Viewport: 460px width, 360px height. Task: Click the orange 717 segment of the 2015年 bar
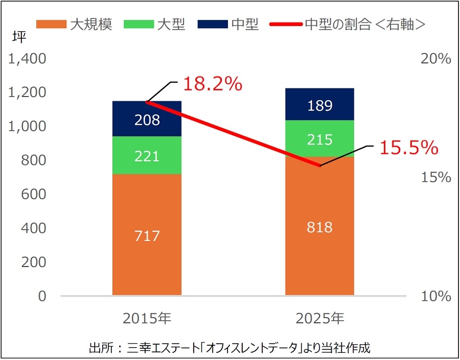point(147,235)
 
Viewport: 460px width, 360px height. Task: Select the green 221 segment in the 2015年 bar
point(147,155)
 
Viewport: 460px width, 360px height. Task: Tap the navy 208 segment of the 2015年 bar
point(147,119)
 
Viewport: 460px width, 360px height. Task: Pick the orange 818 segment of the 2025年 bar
point(319,226)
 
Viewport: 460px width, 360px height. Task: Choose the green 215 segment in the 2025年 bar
point(319,139)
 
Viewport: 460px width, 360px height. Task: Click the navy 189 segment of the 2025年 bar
point(319,105)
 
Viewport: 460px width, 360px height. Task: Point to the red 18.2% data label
point(212,84)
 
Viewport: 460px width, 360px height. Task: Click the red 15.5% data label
point(408,148)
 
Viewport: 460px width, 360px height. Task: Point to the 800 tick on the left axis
point(35,160)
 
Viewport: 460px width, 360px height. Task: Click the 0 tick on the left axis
point(42,296)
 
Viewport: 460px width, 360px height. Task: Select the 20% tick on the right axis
point(435,59)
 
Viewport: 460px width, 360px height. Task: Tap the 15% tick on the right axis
point(435,178)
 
